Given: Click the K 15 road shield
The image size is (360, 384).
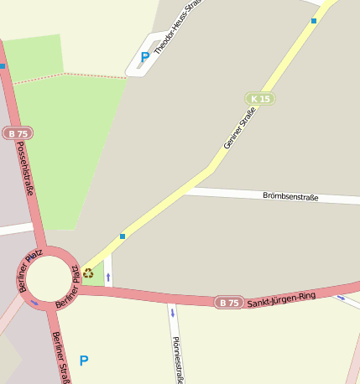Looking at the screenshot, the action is [260, 99].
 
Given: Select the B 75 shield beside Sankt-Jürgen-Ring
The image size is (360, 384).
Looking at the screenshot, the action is [229, 302].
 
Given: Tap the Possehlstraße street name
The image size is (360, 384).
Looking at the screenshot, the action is [26, 168].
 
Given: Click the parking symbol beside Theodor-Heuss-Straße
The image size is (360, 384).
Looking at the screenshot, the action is [144, 57].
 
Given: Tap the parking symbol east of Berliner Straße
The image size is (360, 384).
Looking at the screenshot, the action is [83, 361].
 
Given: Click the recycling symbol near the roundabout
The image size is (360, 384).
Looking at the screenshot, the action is [88, 272].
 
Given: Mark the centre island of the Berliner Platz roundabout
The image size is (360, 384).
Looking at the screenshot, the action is [47, 278].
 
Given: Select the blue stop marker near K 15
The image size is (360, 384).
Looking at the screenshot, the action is [314, 21].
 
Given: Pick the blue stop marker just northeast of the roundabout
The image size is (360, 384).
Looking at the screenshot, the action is [123, 236].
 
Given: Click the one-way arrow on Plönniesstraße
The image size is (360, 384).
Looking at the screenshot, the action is [172, 314].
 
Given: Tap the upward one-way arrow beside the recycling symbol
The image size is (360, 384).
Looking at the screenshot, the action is [108, 276].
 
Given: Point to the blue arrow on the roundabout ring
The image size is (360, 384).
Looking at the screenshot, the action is [34, 303].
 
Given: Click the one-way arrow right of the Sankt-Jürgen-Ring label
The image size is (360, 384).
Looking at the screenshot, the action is [341, 298].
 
